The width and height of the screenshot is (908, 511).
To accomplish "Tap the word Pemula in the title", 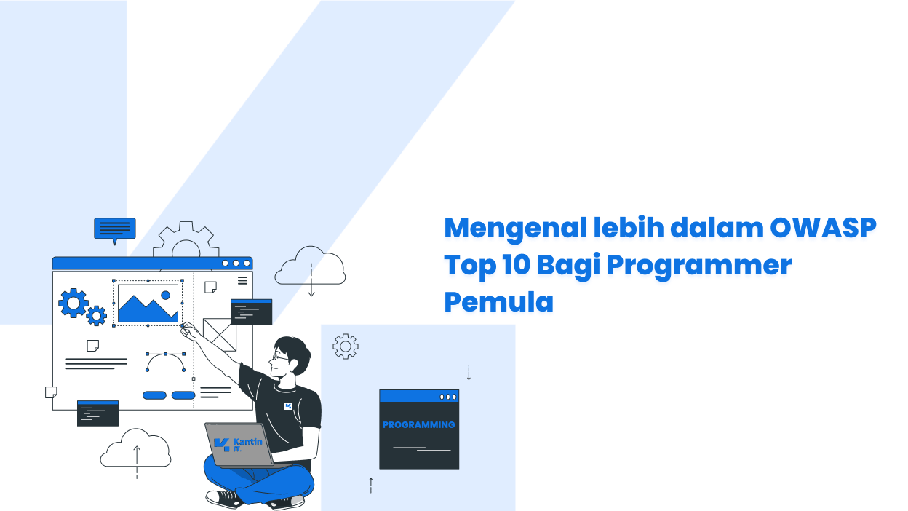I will point(498,302).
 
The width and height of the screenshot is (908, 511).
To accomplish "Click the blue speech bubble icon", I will point(114,229).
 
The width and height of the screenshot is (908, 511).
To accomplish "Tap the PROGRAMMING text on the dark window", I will point(418,424).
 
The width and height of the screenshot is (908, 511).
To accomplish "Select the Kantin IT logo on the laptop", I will point(237,445).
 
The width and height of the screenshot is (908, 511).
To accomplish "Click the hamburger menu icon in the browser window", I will point(242,280).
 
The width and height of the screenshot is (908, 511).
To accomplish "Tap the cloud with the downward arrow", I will point(310,268).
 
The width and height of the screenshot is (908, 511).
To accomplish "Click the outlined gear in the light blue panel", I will point(346,346).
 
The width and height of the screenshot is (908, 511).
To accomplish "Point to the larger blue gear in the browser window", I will point(73,303).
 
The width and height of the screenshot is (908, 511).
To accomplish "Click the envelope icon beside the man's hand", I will point(219,334).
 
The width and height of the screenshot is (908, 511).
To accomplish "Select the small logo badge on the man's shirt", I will point(288,405).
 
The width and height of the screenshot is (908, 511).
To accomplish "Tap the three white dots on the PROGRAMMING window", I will point(448,397).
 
